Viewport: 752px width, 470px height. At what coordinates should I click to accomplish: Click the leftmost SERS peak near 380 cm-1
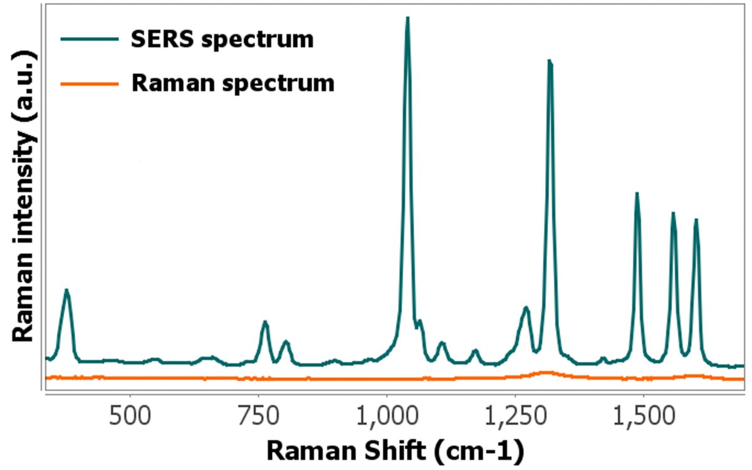pos(66,291)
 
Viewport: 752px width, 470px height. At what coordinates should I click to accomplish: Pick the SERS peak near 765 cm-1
pos(265,323)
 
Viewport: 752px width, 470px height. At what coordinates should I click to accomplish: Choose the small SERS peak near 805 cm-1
pos(286,342)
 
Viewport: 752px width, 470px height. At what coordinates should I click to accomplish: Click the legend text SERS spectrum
pos(222,39)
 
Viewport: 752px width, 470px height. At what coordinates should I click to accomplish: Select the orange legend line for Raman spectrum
pos(90,82)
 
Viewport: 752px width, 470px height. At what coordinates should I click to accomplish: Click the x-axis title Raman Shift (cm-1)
pos(394,450)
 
